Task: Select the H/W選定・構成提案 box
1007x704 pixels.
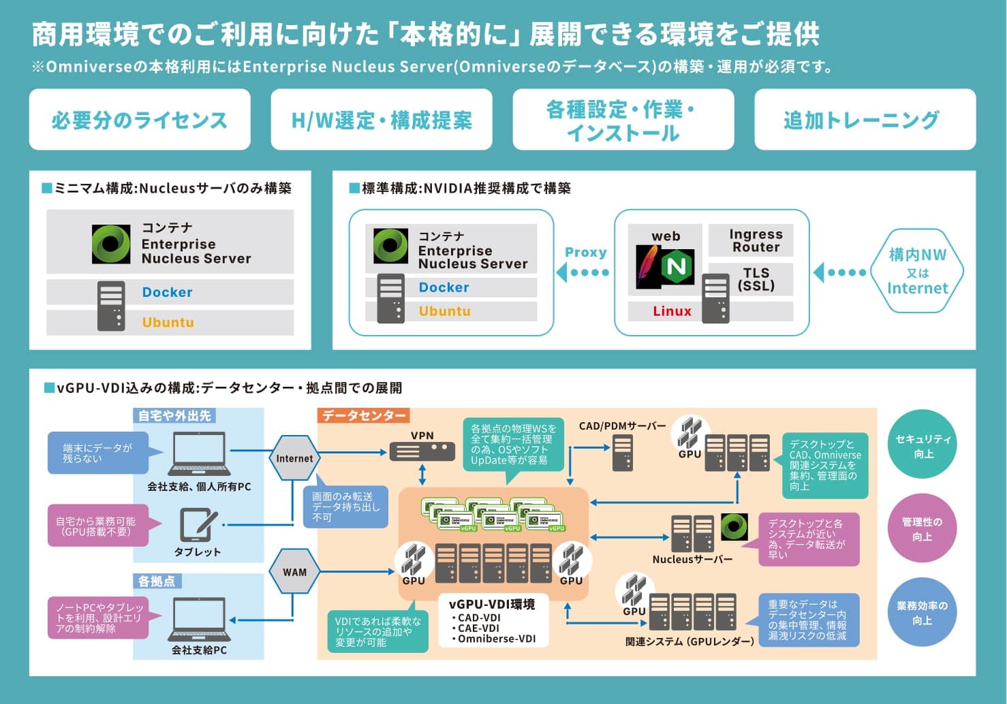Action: pos(382,120)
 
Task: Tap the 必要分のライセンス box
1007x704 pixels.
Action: pos(140,120)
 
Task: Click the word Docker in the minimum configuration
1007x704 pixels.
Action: pos(168,292)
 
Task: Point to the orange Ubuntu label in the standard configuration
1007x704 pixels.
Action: pos(444,311)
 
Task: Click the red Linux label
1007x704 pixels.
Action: pos(672,311)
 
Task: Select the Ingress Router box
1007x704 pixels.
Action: pos(756,240)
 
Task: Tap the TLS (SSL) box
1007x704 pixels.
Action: pos(756,279)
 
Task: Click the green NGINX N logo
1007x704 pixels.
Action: pos(677,266)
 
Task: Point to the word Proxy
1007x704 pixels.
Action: pos(585,252)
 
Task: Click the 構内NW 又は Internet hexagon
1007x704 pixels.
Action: pos(917,271)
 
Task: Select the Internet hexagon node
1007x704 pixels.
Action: pos(294,458)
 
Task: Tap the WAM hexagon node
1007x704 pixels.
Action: pos(294,572)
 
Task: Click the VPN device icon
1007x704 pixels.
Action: pos(422,451)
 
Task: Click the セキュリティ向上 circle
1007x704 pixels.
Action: pos(923,447)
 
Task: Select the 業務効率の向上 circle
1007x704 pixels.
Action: pos(922,612)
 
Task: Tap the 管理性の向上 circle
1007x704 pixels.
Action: pos(922,529)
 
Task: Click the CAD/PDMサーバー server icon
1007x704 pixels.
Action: pos(622,453)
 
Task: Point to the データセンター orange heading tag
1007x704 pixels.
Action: pos(363,415)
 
